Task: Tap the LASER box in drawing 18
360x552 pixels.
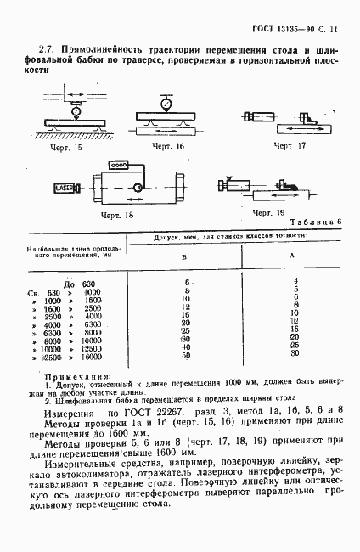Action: tap(41, 186)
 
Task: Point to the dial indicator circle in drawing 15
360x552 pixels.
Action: tap(76, 111)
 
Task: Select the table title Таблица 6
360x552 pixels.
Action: tap(315, 222)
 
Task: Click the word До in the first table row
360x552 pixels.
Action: tap(70, 282)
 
